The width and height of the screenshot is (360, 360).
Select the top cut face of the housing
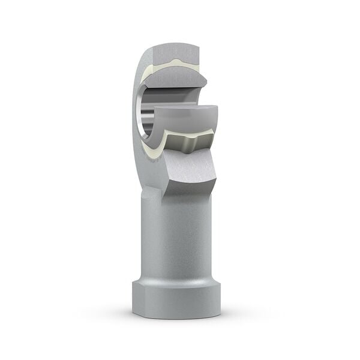[175, 51]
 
